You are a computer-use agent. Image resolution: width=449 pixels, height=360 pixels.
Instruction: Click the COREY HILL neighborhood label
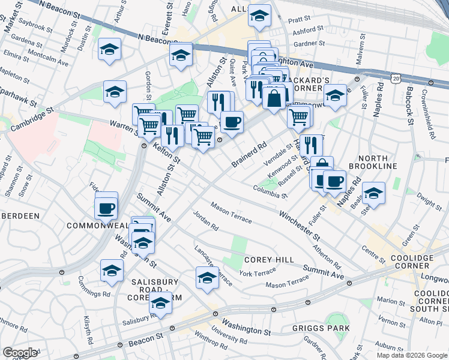[269, 259]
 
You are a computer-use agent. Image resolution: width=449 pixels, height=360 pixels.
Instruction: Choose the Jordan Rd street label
[205, 221]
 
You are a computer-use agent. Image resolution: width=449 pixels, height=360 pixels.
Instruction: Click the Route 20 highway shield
[394, 79]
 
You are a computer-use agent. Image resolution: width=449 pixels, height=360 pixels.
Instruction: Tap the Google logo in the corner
[20, 353]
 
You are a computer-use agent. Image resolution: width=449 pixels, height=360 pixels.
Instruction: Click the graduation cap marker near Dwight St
[373, 193]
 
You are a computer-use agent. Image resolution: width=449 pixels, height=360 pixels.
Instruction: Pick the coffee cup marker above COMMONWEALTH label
[106, 208]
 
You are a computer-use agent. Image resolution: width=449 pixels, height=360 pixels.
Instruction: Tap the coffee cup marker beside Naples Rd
[334, 180]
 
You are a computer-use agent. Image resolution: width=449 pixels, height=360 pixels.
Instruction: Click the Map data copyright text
[411, 355]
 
